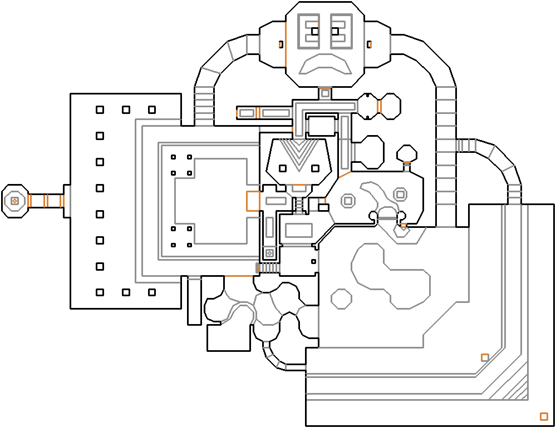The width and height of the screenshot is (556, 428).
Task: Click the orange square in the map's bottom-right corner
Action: click(544, 416)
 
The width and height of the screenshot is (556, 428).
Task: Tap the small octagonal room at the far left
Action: click(14, 201)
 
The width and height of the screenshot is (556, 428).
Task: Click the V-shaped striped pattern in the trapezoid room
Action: click(299, 153)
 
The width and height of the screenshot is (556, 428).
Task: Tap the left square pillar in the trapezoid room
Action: click(283, 168)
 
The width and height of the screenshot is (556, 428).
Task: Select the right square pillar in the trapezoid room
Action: click(315, 168)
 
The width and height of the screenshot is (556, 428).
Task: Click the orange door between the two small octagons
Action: click(378, 106)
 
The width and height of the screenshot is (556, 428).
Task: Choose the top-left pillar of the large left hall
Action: click(100, 110)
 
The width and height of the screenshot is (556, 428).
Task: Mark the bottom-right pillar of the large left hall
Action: click(151, 292)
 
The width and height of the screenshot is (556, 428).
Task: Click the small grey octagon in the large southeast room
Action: click(341, 298)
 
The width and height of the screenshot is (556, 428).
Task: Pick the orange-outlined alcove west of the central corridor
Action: click(253, 201)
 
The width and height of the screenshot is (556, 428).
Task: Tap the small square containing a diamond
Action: click(269, 253)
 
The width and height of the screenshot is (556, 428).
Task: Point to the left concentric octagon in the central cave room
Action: click(348, 200)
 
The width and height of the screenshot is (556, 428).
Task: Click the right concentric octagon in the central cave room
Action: click(400, 194)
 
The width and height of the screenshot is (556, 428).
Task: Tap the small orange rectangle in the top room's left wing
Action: click(281, 44)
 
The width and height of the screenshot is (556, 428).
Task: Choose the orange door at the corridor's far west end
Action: click(237, 113)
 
